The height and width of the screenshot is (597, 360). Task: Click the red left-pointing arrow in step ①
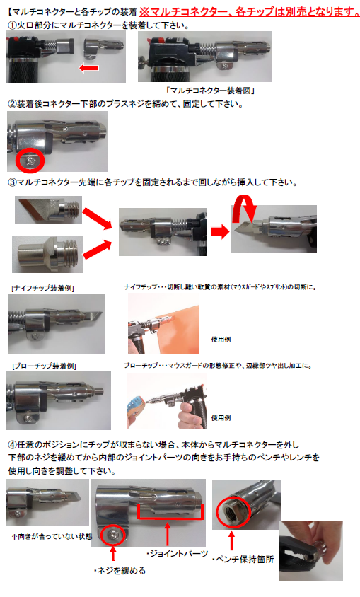(88, 68)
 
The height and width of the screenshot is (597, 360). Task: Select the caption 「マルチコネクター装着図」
(211, 91)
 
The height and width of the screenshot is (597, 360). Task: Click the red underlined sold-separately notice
(249, 12)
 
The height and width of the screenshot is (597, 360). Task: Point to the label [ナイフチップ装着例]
(42, 288)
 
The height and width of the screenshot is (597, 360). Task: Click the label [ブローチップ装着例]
(44, 366)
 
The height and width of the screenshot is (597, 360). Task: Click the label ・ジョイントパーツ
(178, 554)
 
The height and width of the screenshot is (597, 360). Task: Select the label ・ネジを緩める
(120, 571)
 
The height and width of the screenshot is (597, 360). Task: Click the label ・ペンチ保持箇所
(243, 560)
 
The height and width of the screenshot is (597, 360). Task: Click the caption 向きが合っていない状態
(52, 536)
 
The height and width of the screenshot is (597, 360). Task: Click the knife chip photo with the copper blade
(48, 210)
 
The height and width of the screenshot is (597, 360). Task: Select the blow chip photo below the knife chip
(47, 254)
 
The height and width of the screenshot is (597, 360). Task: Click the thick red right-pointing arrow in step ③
(219, 231)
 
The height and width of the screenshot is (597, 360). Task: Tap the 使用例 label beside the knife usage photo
(221, 340)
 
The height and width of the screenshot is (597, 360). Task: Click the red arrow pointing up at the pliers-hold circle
(231, 540)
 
